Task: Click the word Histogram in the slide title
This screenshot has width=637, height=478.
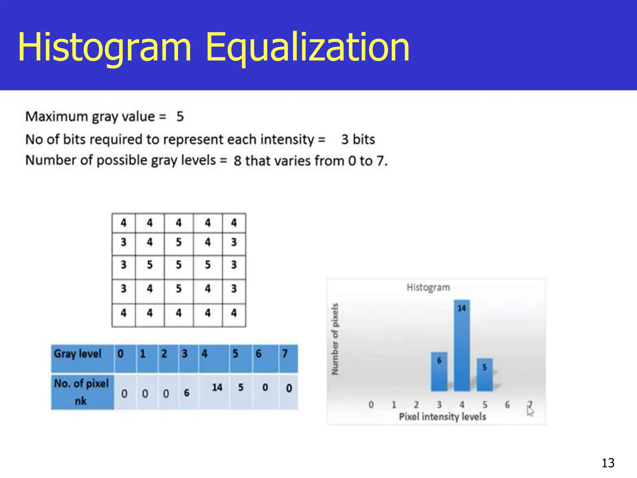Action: click(x=105, y=47)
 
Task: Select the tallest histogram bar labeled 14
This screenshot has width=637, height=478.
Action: click(x=462, y=345)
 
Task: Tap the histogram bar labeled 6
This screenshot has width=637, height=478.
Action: click(x=439, y=372)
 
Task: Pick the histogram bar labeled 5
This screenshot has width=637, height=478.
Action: click(x=484, y=375)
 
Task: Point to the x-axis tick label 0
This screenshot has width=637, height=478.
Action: click(x=371, y=405)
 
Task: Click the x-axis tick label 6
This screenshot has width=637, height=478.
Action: click(x=507, y=405)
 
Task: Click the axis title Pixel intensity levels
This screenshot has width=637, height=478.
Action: click(x=442, y=416)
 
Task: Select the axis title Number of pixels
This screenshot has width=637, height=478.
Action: click(x=335, y=339)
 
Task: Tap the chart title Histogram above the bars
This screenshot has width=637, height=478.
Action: click(x=428, y=287)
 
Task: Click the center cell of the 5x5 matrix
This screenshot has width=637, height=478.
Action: click(x=179, y=265)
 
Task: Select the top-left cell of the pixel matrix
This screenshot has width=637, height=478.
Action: click(x=123, y=223)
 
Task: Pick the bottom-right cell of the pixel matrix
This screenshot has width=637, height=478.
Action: click(x=234, y=313)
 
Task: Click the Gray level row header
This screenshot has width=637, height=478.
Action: click(x=78, y=354)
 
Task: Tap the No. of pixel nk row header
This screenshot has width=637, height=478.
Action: click(x=81, y=392)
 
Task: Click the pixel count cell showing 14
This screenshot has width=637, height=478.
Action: click(x=217, y=388)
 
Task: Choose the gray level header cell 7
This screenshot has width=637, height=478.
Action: click(x=285, y=354)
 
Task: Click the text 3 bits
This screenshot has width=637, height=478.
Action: click(x=358, y=139)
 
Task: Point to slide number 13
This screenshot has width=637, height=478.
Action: click(x=608, y=463)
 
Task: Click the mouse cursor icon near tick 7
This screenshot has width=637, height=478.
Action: click(x=530, y=411)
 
